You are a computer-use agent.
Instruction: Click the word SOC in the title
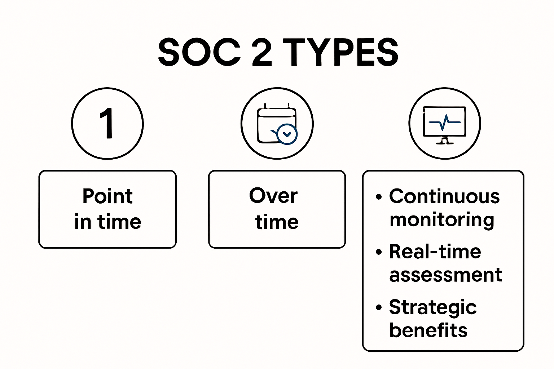[199, 53]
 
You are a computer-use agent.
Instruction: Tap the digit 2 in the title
[261, 53]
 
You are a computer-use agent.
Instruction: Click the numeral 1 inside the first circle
[107, 124]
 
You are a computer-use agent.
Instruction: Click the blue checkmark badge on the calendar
[287, 134]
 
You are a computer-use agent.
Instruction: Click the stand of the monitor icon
[444, 141]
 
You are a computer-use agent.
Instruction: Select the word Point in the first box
[107, 196]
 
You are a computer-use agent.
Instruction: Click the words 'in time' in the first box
[107, 222]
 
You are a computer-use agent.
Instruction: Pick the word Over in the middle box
[273, 196]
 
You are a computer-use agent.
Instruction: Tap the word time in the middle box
[277, 222]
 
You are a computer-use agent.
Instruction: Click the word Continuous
[444, 196]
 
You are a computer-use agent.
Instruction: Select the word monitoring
[442, 220]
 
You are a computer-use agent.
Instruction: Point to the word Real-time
[435, 252]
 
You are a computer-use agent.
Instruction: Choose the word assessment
[445, 275]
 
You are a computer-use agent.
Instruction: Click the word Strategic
[433, 307]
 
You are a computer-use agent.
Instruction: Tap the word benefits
[428, 330]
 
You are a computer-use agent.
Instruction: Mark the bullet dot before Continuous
[378, 197]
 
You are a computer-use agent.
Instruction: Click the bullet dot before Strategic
[378, 308]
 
